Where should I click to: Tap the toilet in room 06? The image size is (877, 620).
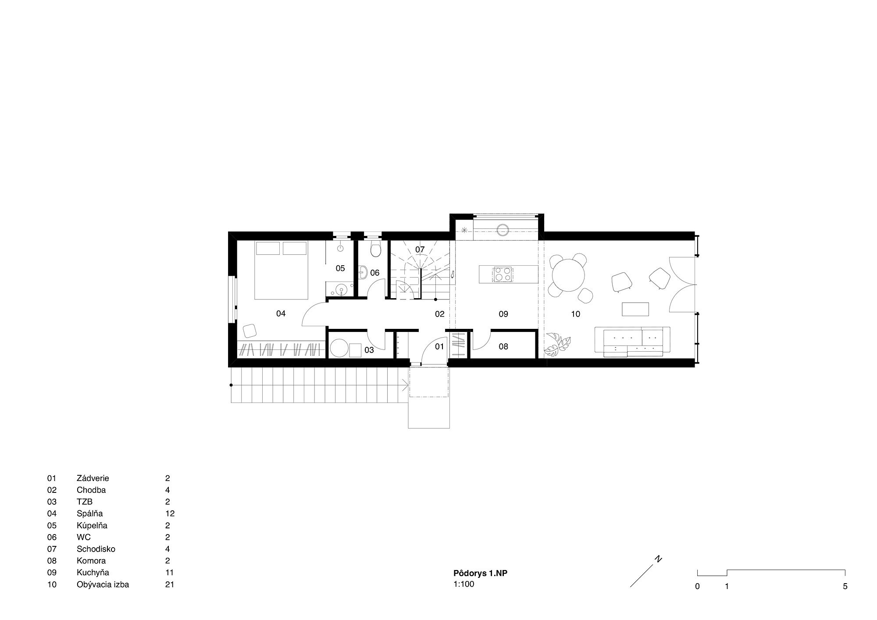(376, 249)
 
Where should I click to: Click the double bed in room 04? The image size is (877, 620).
(281, 270)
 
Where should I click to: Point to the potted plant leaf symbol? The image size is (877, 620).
(558, 345)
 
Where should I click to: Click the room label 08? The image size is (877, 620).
(503, 346)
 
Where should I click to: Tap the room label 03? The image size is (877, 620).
(369, 350)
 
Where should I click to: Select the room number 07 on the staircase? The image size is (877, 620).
(420, 249)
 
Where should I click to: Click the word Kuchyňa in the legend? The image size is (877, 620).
(93, 572)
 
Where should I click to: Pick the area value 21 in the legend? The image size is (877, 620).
(170, 584)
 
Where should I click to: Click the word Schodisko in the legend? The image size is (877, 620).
(96, 549)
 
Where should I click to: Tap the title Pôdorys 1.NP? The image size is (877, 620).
(480, 573)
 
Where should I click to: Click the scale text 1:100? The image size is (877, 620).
(464, 584)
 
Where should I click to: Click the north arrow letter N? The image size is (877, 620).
(658, 559)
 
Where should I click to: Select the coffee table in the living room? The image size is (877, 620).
(635, 309)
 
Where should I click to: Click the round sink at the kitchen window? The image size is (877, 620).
(503, 230)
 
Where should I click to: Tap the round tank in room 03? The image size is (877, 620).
(339, 349)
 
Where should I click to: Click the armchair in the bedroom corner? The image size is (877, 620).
(249, 330)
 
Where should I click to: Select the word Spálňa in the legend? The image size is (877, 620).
(90, 513)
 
